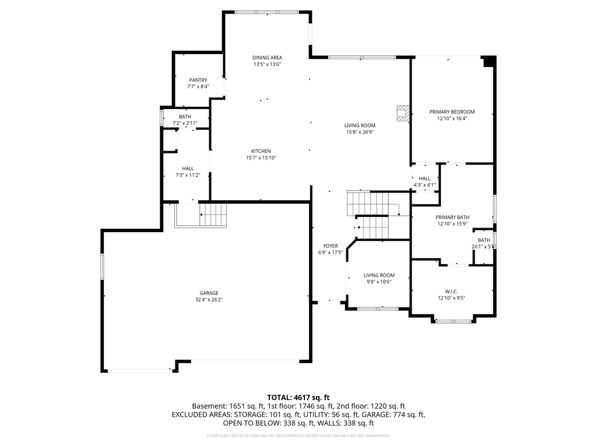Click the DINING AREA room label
[267, 58]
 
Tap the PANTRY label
[198, 80]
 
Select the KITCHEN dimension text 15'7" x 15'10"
[261, 157]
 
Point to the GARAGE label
[209, 293]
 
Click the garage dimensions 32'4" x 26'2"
[209, 299]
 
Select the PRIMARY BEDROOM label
[452, 112]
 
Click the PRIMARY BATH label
[453, 217]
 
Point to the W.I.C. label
[452, 291]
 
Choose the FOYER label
[330, 246]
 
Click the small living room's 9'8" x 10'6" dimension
[379, 282]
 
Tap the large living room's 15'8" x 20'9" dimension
[359, 132]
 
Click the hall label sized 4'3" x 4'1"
[424, 178]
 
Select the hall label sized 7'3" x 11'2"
[188, 168]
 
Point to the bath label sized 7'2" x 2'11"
[185, 117]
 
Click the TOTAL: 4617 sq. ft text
[298, 397]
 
